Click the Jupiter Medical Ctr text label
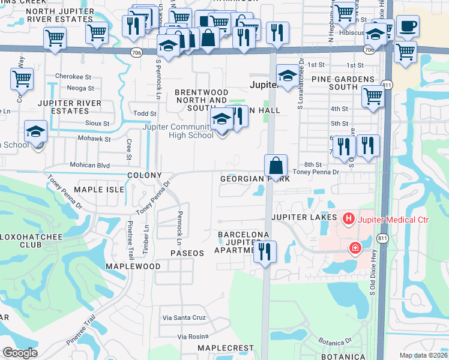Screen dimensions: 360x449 coord(394,220)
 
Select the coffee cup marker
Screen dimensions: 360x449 coord(408,26)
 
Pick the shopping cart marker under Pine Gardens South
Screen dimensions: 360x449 coord(373,95)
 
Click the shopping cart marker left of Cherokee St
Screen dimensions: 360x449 coord(22,78)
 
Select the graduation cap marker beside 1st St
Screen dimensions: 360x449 coord(288,76)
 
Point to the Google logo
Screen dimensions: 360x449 coord(20,353)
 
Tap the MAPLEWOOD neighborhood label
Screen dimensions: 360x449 coord(133,266)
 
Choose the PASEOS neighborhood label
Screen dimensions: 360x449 coord(187,253)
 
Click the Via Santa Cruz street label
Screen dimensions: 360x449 coord(183,317)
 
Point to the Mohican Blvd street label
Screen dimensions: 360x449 coord(90,163)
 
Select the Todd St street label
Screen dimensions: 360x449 coord(145,113)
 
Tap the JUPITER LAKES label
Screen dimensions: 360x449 coord(303,217)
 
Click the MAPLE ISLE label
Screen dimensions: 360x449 coord(98,189)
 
